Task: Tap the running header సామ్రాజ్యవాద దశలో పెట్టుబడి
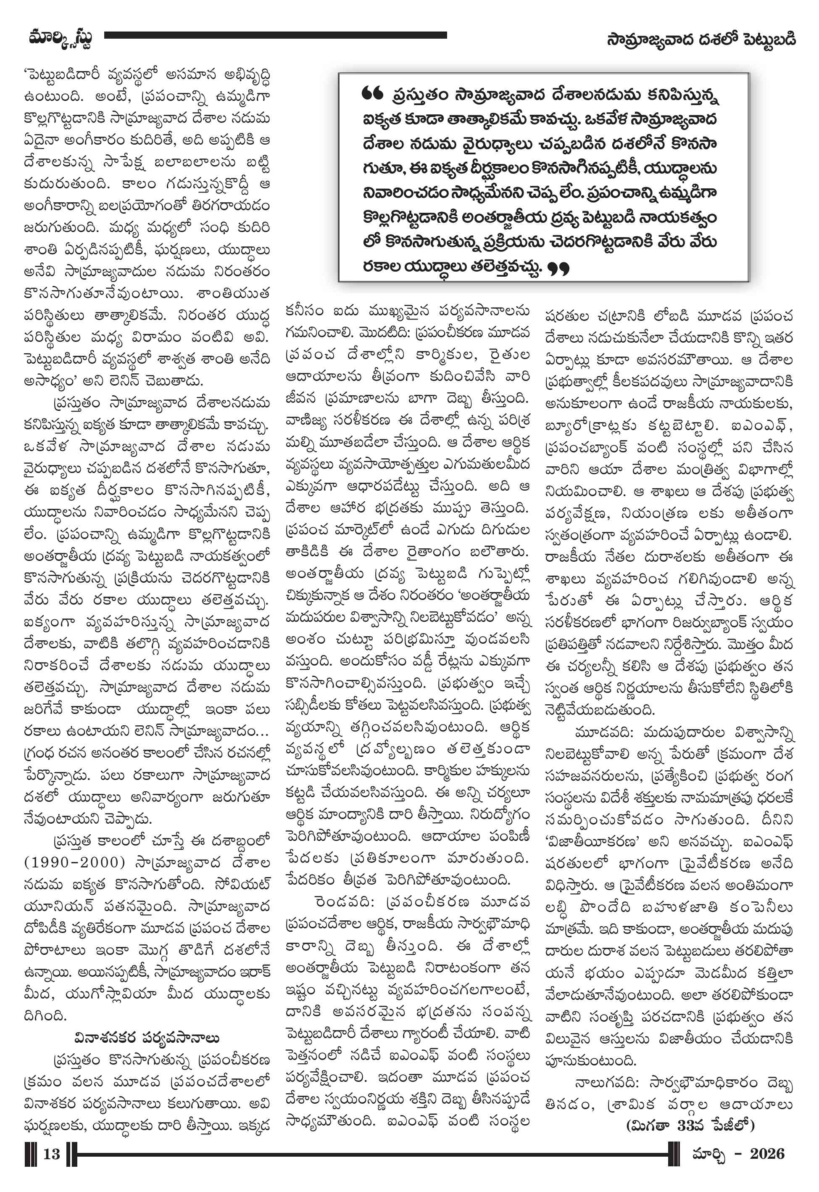pos(700,39)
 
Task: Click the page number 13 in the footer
pos(51,1153)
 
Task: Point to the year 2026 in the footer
pos(767,1153)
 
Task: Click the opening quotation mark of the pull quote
pos(372,93)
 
